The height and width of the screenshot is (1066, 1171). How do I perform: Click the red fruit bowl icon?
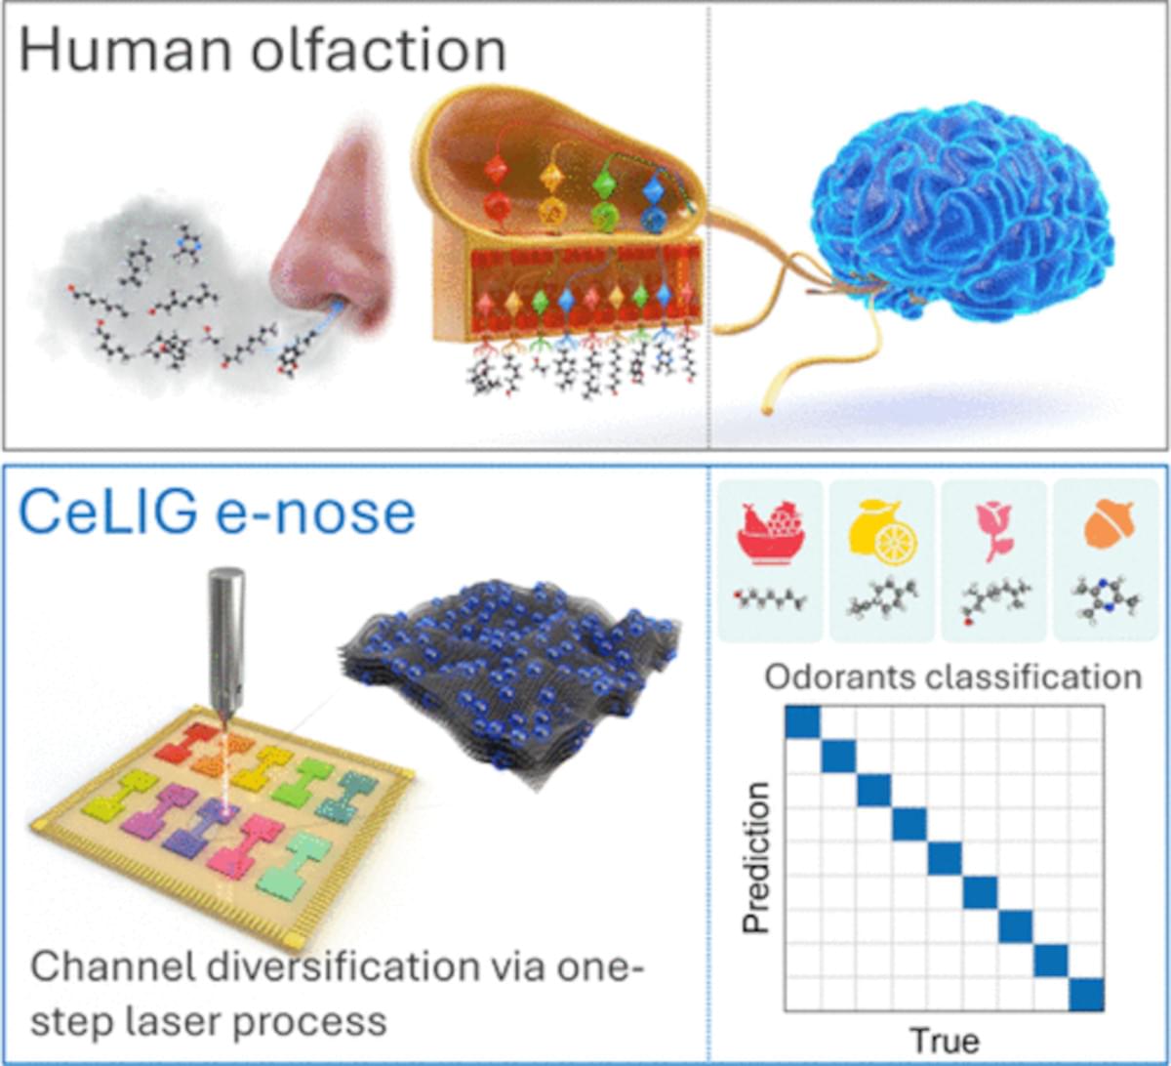(771, 537)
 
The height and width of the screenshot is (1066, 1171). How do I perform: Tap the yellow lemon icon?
(882, 537)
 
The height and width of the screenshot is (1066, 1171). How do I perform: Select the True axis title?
(945, 1039)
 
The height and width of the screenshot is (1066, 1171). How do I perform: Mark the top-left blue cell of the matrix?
(803, 721)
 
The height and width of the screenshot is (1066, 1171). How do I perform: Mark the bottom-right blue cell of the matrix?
(1086, 995)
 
